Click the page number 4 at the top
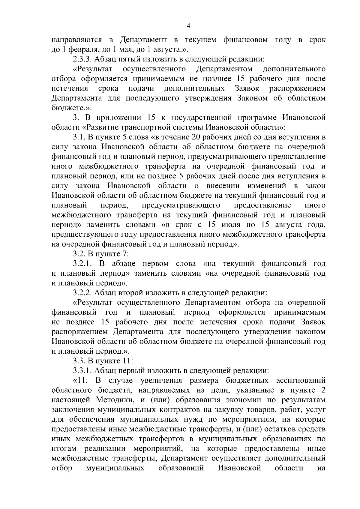click(188, 26)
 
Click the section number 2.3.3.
click(82, 59)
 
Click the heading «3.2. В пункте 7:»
click(101, 254)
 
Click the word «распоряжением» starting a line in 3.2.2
click(80, 332)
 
